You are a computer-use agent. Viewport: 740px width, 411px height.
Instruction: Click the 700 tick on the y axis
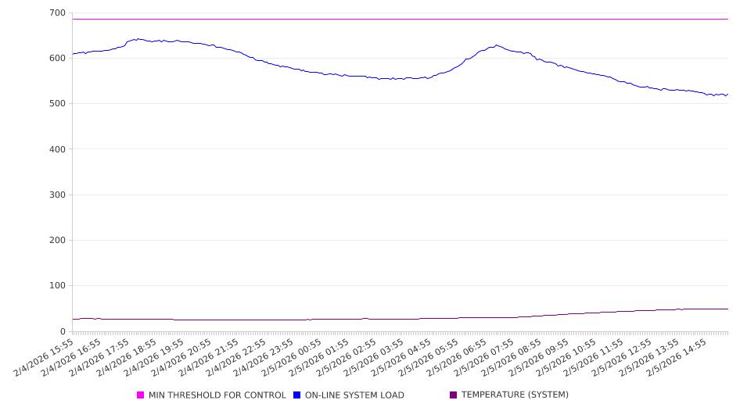[x=57, y=13]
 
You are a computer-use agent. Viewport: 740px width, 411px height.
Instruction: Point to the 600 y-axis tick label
[x=57, y=59]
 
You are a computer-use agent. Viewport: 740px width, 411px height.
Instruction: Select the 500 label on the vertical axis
[x=57, y=104]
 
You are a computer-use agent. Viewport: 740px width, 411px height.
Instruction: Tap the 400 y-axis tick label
[x=57, y=149]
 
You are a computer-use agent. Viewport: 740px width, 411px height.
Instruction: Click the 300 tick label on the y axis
[x=57, y=195]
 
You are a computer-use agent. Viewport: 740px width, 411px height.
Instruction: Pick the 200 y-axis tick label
[x=57, y=241]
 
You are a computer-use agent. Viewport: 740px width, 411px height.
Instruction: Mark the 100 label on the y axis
[x=57, y=286]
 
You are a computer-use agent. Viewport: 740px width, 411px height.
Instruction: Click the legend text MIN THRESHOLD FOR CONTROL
[x=217, y=395]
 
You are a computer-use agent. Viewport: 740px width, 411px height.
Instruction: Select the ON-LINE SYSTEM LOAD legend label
[x=354, y=395]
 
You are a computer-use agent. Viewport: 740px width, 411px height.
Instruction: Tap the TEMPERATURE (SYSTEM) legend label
[x=515, y=395]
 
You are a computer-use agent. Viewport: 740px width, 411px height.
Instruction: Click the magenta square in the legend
[x=141, y=395]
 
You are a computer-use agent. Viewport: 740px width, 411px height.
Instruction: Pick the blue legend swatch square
[x=297, y=395]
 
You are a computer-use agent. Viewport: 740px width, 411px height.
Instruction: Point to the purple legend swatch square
[x=454, y=395]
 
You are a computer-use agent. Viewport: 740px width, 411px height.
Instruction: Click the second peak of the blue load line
[x=496, y=45]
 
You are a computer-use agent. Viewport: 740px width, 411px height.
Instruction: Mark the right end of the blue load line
[x=727, y=95]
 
